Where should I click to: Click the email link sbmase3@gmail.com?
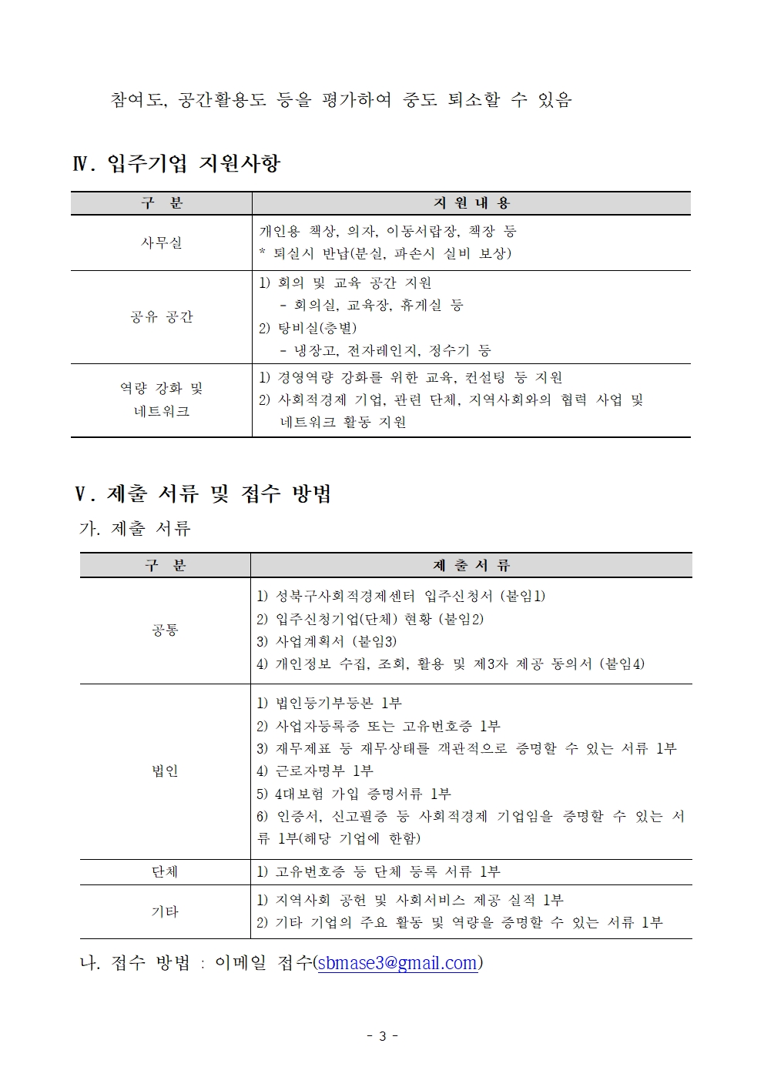pos(397,963)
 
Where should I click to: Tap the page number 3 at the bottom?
pos(382,1036)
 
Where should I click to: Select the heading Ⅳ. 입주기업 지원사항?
pos(176,163)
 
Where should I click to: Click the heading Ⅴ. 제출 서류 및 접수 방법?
pos(203,493)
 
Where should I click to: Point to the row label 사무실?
pos(162,242)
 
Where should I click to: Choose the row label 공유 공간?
pos(162,317)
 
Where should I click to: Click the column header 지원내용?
pos(471,203)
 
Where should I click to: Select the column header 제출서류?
pos(471,566)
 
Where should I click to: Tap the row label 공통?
pos(165,630)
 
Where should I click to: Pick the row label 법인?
pos(165,771)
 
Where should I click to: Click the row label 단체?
pos(165,872)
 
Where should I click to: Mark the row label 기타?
pos(165,912)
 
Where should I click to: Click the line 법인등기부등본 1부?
pos(330,704)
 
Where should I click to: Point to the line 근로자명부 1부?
pos(315,771)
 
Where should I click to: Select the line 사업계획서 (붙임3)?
pos(327,641)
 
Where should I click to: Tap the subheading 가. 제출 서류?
pos(135,529)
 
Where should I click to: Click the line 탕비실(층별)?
pos(308,329)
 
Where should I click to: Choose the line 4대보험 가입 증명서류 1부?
pos(354,794)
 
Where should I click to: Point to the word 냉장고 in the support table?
pos(316,351)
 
